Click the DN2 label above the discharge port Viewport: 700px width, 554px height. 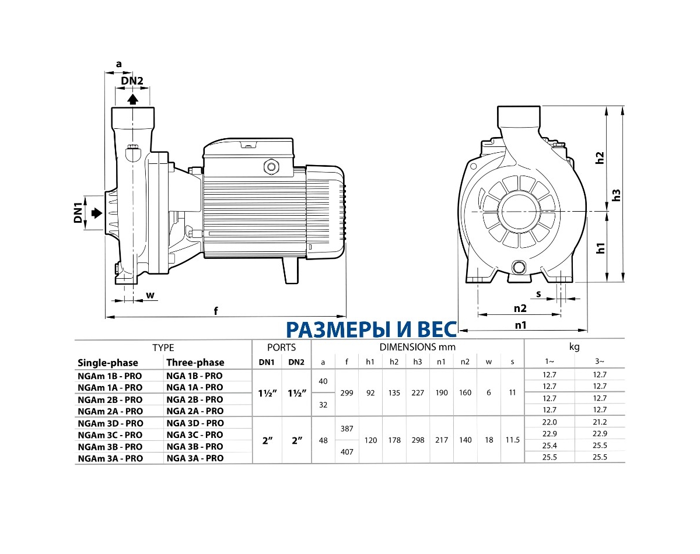click(x=132, y=81)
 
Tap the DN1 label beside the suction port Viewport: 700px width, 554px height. click(x=78, y=213)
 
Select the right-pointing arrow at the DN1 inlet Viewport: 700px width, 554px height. click(x=94, y=213)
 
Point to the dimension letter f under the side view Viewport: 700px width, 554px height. click(x=216, y=311)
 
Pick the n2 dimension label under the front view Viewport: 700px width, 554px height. click(x=520, y=308)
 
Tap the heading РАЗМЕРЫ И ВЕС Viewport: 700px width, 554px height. click(x=371, y=329)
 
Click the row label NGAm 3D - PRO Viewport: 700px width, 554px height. click(x=110, y=423)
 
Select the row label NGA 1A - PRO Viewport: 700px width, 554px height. click(x=194, y=387)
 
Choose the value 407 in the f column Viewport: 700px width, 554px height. click(x=347, y=451)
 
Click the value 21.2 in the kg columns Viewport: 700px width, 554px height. click(x=600, y=423)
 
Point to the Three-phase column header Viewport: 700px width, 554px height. click(x=195, y=363)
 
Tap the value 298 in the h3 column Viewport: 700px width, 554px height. click(x=418, y=440)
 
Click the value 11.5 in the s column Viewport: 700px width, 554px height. click(x=512, y=440)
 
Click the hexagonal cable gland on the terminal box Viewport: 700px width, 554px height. click(x=271, y=167)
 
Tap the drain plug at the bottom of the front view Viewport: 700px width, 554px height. click(x=518, y=268)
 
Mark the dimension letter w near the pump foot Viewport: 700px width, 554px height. click(x=150, y=295)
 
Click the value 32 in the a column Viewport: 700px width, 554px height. click(x=324, y=405)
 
